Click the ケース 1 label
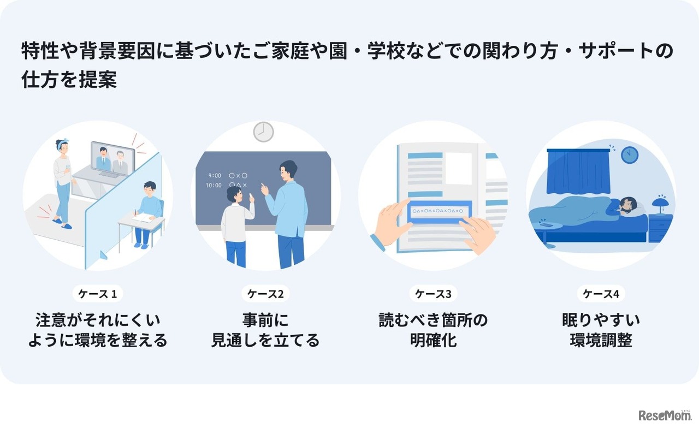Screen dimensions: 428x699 click(98, 294)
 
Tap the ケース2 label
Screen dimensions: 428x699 click(265, 294)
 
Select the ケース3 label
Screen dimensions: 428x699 click(433, 294)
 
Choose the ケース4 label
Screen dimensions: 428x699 click(601, 294)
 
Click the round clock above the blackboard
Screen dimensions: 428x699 click(263, 132)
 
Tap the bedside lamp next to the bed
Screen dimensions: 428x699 click(661, 204)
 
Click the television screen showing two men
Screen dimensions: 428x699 click(112, 158)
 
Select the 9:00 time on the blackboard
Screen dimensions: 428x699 click(215, 176)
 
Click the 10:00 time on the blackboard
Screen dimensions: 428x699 click(215, 186)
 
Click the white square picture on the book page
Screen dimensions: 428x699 click(458, 168)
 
